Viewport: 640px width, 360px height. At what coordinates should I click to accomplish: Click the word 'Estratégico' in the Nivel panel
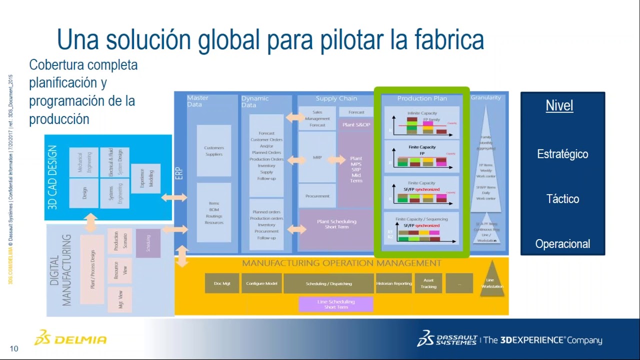point(562,154)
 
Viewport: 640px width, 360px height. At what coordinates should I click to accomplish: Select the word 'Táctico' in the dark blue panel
point(562,199)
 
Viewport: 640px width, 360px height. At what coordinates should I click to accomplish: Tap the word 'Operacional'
point(562,244)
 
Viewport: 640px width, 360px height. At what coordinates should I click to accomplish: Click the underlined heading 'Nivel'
point(559,106)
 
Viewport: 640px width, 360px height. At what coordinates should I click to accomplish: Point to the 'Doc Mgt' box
point(222,283)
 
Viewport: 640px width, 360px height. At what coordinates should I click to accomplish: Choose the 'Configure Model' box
point(261,283)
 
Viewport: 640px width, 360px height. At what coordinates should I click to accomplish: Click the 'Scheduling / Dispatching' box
point(328,283)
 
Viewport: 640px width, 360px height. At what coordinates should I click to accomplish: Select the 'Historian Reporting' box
point(393,283)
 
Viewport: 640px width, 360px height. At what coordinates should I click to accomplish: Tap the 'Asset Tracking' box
point(428,283)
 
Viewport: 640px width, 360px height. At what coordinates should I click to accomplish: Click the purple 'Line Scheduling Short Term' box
point(335,304)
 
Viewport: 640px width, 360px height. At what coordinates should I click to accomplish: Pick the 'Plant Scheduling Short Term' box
point(336,224)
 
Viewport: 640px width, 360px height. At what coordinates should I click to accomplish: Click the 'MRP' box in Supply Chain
point(317,157)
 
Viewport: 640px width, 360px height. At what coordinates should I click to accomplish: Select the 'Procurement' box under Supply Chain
point(317,196)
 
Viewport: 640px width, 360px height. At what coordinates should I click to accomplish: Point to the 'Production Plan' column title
point(422,98)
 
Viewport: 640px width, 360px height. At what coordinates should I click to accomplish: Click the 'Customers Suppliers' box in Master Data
point(214,151)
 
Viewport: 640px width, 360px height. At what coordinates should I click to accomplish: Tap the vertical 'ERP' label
point(179,173)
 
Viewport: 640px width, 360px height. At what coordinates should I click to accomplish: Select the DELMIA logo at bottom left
point(70,339)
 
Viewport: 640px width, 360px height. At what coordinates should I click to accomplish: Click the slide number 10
point(13,348)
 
